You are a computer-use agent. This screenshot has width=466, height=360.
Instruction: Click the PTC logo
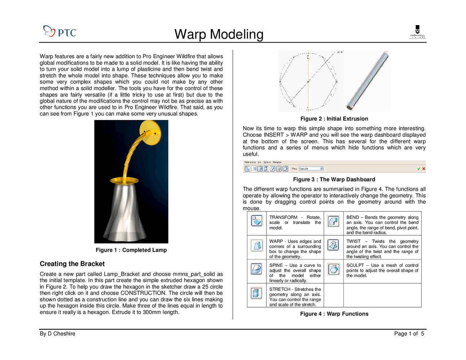tap(60, 32)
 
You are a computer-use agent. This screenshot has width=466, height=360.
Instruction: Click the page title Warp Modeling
tap(219, 34)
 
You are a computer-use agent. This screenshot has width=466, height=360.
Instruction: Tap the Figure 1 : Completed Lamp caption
tap(131, 250)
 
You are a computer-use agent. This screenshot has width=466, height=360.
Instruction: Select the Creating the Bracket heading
tap(72, 264)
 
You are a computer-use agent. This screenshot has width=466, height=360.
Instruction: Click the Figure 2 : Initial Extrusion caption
tap(334, 119)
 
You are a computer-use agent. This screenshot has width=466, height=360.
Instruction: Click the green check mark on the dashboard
tap(419, 169)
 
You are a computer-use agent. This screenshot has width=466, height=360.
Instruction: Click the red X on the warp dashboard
tap(424, 169)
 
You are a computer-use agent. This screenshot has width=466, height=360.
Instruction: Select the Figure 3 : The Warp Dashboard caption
tap(334, 179)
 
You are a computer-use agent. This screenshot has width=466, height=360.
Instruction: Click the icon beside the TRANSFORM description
tap(257, 221)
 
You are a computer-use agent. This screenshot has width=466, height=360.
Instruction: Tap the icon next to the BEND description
tap(333, 221)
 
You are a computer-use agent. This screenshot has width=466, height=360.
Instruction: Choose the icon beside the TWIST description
tap(333, 245)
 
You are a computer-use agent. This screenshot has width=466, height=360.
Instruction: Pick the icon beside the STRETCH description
tap(257, 293)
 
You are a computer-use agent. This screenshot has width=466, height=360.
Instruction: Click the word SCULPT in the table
tap(355, 265)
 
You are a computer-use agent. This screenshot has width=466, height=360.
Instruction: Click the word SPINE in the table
tap(276, 265)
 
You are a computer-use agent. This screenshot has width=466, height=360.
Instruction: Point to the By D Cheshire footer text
tap(58, 334)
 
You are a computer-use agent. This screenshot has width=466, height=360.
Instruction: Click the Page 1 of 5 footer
tap(409, 334)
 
